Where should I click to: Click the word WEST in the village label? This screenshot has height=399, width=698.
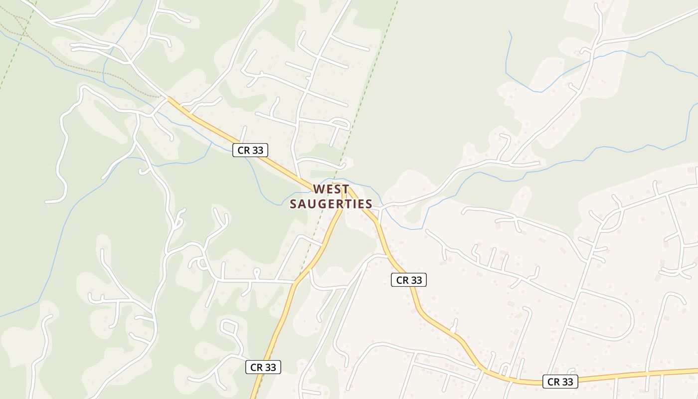(331, 190)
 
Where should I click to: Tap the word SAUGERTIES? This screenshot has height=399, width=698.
(331, 204)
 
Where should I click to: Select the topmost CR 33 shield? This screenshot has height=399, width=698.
(250, 150)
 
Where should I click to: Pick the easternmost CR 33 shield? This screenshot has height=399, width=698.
(560, 382)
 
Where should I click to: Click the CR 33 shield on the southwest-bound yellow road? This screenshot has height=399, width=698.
(263, 367)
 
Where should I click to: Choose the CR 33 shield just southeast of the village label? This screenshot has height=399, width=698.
(409, 280)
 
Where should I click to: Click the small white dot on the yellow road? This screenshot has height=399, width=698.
(453, 330)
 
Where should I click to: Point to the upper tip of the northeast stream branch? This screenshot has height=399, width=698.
(509, 31)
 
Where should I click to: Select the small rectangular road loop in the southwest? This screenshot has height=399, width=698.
(229, 326)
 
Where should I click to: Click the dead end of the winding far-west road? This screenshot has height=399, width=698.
(46, 201)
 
